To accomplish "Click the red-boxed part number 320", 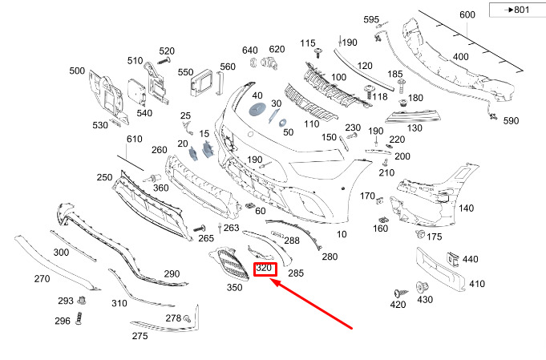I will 265,269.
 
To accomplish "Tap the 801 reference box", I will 515,10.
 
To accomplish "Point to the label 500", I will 77,71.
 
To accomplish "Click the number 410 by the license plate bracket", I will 477,283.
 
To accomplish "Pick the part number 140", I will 466,208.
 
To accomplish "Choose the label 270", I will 42,278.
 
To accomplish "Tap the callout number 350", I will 234,287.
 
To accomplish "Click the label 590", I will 511,121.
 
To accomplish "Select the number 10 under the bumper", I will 342,234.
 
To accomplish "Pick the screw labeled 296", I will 80,322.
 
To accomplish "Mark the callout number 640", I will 250,50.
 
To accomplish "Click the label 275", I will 140,336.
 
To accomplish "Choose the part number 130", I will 415,128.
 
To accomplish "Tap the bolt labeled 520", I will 164,61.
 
